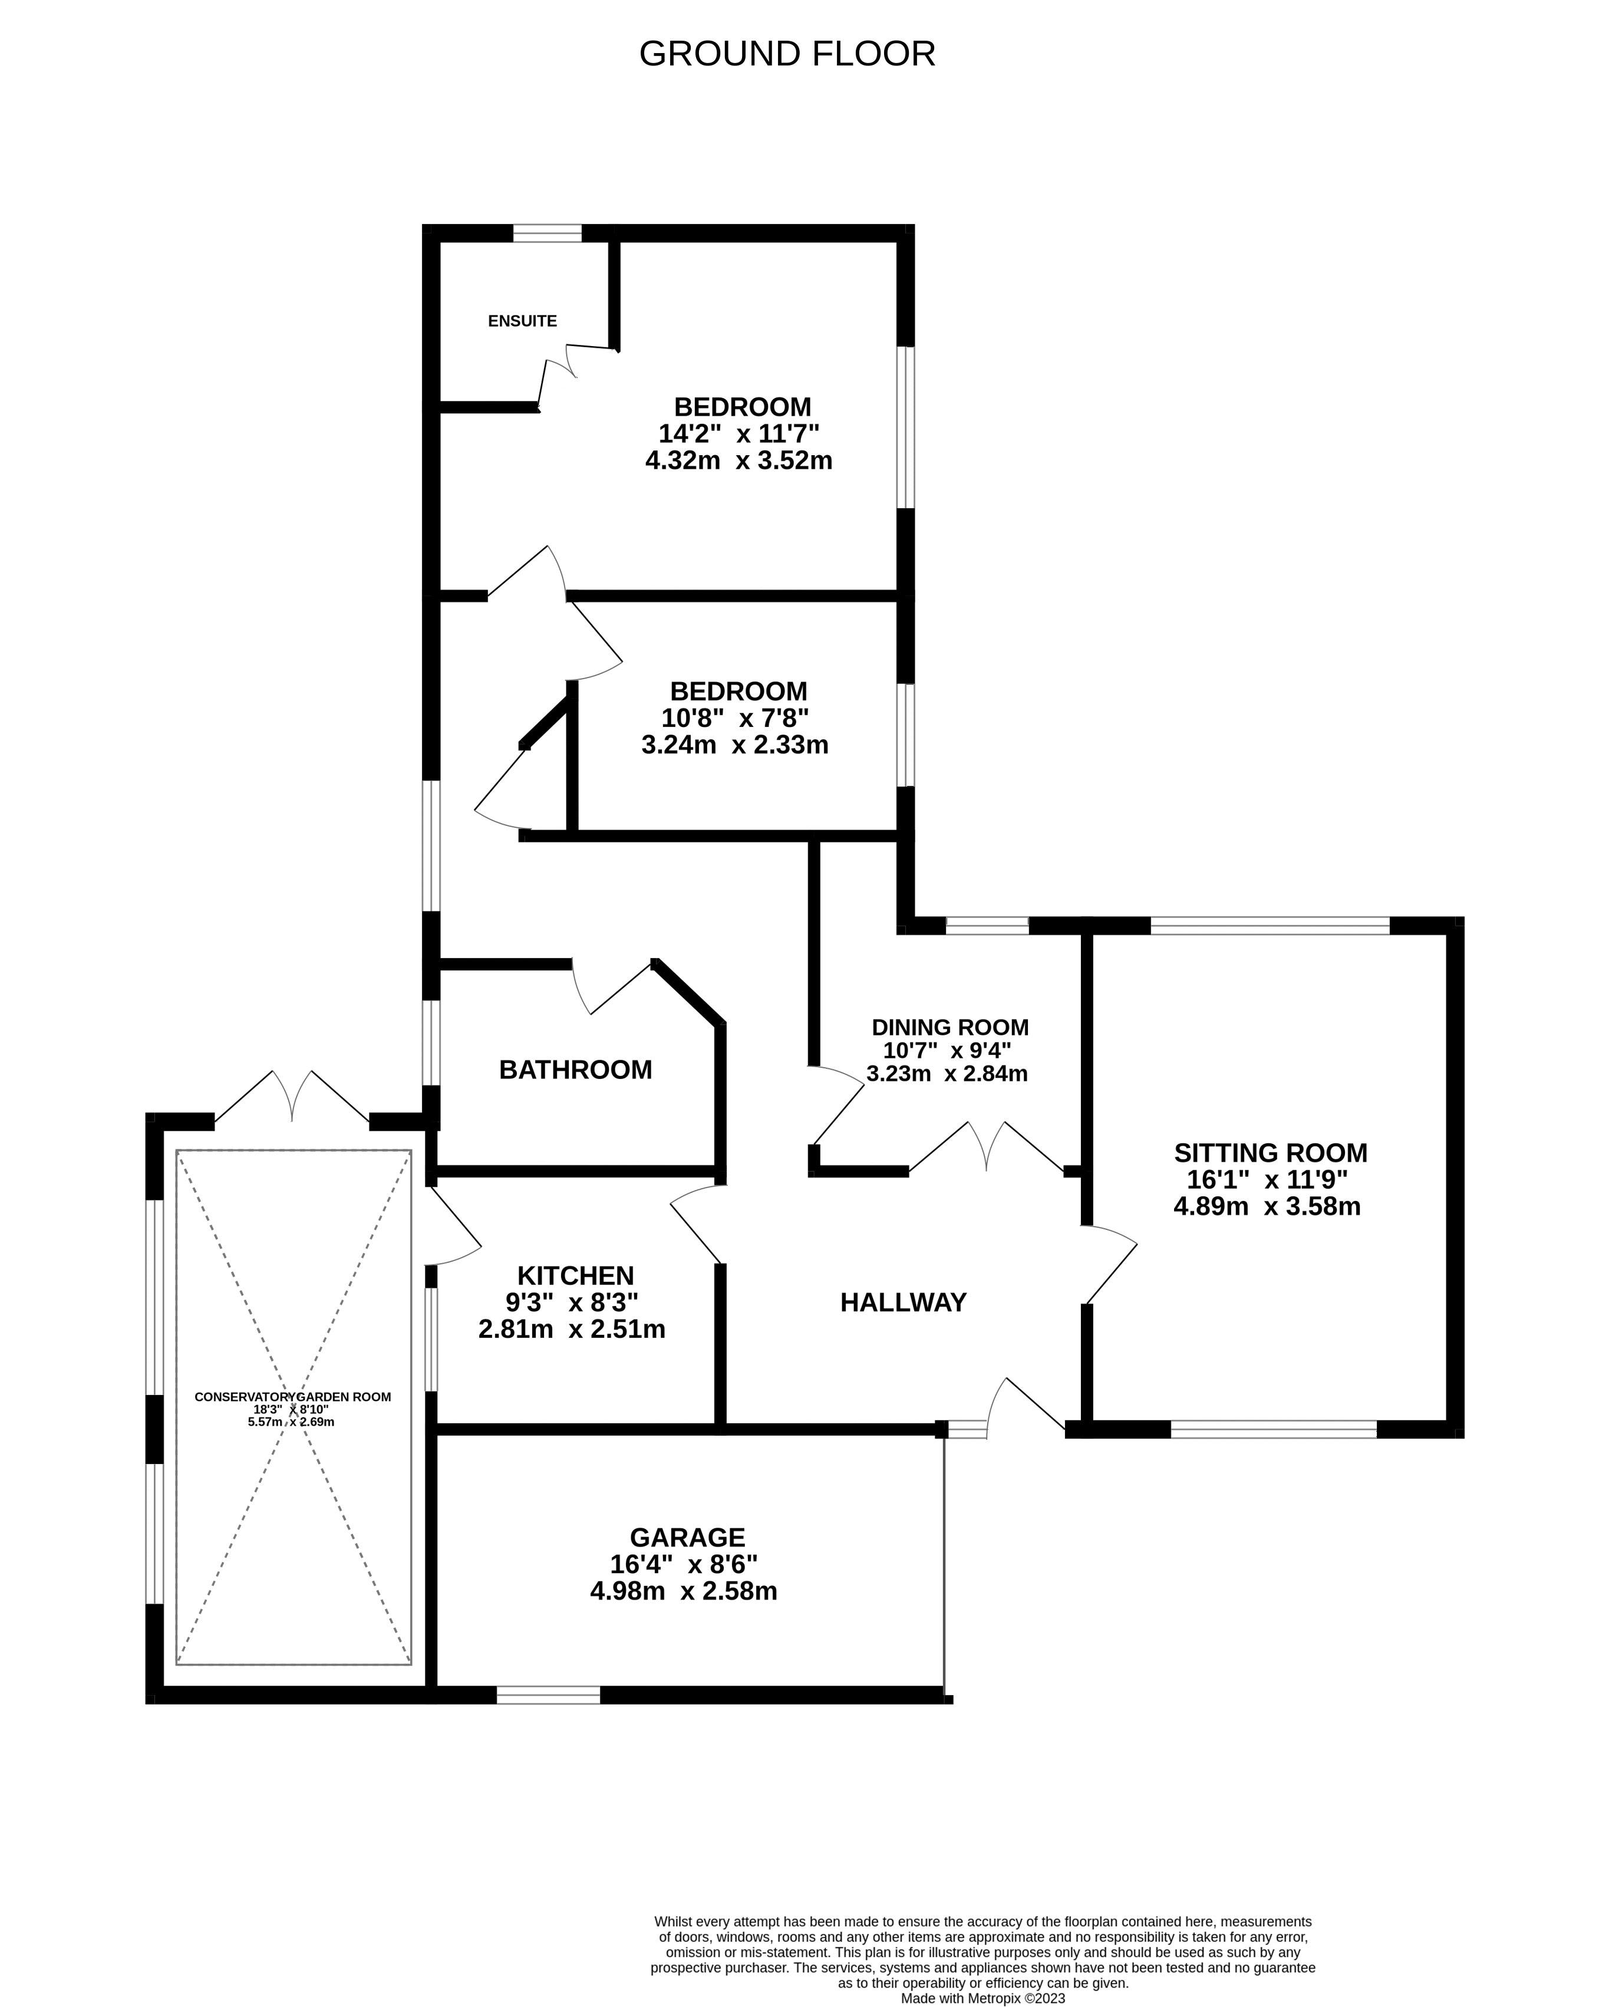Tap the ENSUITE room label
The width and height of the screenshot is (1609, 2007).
coord(522,321)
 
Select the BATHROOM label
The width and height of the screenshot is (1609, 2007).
coord(575,1070)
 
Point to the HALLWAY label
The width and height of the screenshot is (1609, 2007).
coord(903,1302)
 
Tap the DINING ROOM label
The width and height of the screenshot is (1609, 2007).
coord(949,1028)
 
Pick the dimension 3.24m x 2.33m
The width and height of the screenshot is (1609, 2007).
coord(734,745)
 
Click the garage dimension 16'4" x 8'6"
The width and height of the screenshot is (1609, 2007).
coord(684,1565)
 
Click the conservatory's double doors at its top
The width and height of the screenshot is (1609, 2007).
coord(292,1098)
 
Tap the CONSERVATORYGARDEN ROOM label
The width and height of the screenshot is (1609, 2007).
coord(292,1396)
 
